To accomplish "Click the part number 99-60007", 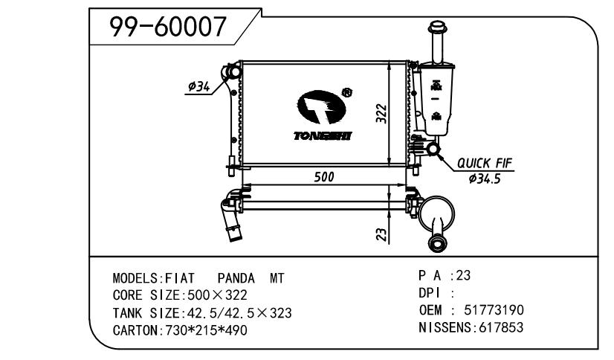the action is pos(168,27).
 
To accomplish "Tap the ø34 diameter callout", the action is pos(199,86).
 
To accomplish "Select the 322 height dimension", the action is pos(381,114).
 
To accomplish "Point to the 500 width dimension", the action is pos(324,177).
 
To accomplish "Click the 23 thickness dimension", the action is pos(381,234).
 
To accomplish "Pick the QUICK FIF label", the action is pos(485,163).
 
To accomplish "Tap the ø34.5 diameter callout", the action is pos(485,179).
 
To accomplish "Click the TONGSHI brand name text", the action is pos(323,136).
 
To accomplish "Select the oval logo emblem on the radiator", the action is pos(321,106).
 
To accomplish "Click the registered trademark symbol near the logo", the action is pos(347,92).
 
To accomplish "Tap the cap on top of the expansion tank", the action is pos(437,28).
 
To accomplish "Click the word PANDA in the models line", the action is pos(236,278).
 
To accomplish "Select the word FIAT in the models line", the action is pos(180,278).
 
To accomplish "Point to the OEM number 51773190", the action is pos(494,310).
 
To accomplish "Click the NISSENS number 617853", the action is pos(501,327).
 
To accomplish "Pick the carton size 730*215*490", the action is pos(207,330).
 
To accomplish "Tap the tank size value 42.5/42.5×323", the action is pos(239,313).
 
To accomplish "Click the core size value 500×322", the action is pos(217,295).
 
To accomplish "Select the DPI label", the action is pos(430,293).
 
